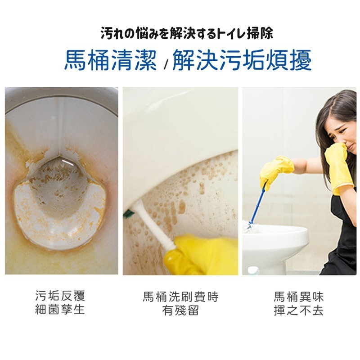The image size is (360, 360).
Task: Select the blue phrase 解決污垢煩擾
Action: click(242, 60)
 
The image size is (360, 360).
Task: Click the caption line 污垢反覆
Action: click(60, 296)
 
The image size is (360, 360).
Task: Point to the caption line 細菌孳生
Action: click(60, 310)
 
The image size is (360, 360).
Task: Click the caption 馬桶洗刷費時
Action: click(180, 297)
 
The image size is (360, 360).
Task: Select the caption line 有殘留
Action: click(180, 310)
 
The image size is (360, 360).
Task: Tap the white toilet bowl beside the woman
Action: click(274, 243)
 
